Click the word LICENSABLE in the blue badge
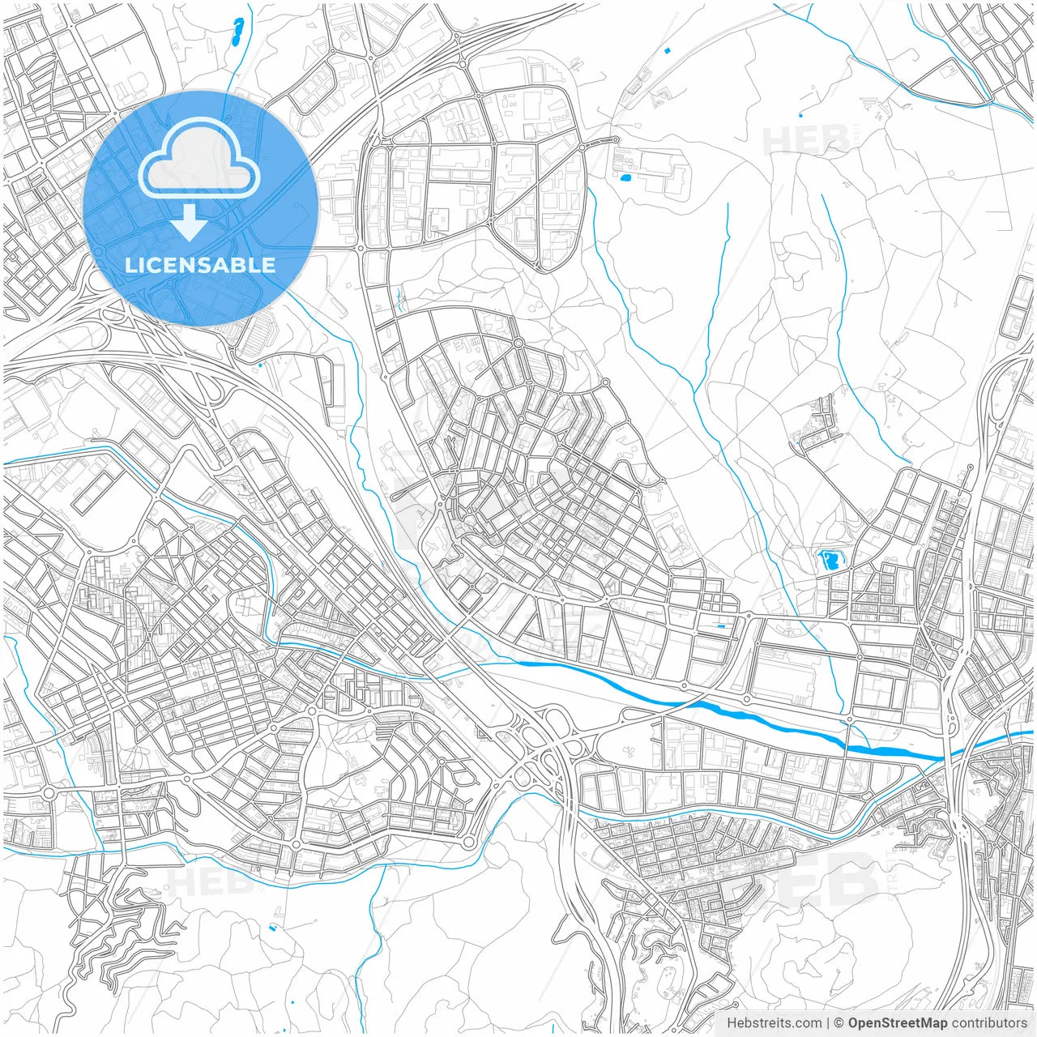200,265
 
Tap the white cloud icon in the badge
199,157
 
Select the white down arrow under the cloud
190,223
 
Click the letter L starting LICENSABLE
130,265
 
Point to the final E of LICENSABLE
268,265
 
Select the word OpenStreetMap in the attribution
898,1023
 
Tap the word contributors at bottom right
989,1023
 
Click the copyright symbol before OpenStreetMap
839,1023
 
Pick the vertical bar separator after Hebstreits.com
828,1023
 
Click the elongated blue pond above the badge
237,32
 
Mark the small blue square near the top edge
668,51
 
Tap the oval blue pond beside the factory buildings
624,177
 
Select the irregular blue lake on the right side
829,560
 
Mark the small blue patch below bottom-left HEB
273,925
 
